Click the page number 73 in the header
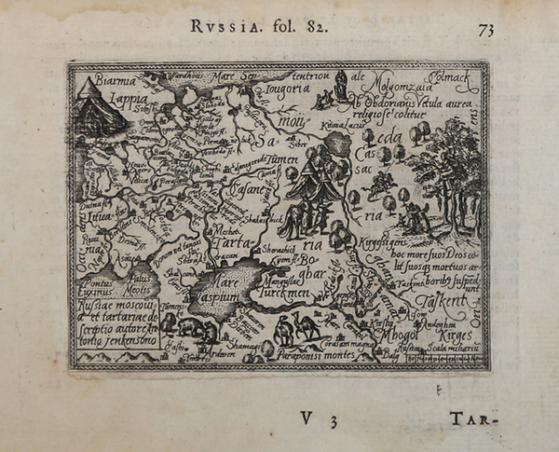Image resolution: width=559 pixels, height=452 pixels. pos(485,30)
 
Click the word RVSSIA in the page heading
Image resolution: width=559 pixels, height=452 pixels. pos(224,25)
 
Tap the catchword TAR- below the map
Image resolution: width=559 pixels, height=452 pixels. pos(475,419)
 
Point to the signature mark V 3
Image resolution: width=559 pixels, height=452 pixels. pos(319,420)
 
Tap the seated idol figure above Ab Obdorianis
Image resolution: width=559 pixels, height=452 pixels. pos(341,84)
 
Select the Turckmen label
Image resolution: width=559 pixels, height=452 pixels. pos(281,293)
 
